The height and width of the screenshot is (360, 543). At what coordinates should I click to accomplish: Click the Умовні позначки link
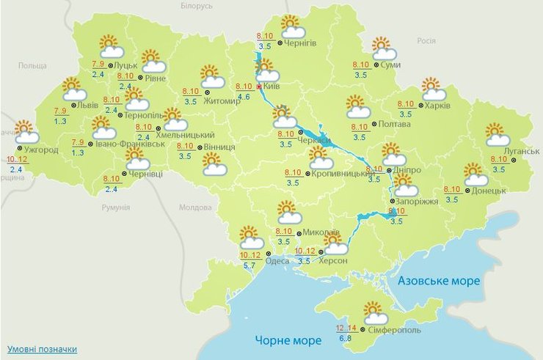[x=42, y=349]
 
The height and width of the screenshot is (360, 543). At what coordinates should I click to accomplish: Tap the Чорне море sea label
[x=288, y=340]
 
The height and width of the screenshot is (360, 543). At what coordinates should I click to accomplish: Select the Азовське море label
[x=438, y=281]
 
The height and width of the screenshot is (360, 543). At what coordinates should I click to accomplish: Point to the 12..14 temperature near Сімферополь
[x=347, y=328]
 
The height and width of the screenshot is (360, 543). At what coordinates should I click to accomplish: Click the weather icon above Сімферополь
[x=375, y=314]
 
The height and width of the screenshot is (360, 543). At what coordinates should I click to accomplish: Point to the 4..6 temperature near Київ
[x=243, y=96]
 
